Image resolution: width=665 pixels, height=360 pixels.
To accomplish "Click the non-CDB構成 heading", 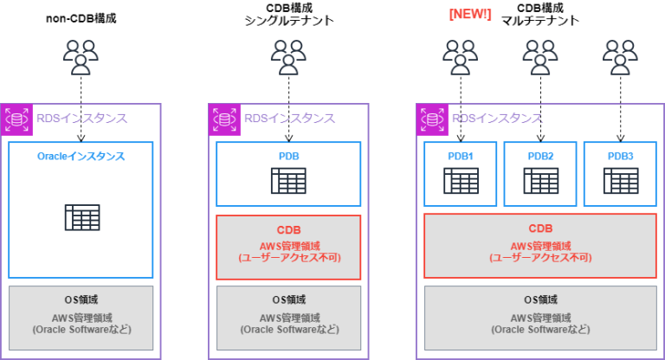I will coord(81,16).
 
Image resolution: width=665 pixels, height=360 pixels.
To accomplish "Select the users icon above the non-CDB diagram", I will coord(81,58).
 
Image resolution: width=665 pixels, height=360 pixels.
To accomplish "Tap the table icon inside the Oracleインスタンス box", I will coord(81,216).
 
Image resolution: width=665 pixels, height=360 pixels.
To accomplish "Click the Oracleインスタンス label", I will coord(81,157).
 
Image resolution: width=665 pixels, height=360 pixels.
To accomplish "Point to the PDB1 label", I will coord(461,156).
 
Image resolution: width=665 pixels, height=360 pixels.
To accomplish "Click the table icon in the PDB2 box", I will coord(540,181).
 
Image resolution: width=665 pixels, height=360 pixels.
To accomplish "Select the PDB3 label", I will coord(620,156).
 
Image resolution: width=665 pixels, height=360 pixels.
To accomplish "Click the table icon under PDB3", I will coord(620,181).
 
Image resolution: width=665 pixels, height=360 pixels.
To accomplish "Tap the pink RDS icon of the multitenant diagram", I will coord(431,119).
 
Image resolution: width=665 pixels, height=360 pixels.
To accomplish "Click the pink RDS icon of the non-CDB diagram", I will coord(16,119).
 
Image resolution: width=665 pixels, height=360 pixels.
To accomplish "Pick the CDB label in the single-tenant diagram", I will coord(288,230).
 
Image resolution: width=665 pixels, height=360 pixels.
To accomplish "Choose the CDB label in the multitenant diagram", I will coord(540,229).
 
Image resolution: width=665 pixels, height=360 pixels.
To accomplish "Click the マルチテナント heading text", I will coord(540,22).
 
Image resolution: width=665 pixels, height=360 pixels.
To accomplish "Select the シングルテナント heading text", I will coord(288,22).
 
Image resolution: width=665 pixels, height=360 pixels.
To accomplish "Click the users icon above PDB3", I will coord(620,58).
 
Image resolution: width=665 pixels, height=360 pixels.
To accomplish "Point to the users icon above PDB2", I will coord(540,58).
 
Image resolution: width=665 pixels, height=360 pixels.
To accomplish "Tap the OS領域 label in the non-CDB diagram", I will coord(81,300).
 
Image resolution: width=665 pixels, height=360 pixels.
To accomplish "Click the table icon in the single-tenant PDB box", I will coord(288,181).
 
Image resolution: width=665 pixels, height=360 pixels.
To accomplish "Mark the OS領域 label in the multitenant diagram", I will coord(540,300).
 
